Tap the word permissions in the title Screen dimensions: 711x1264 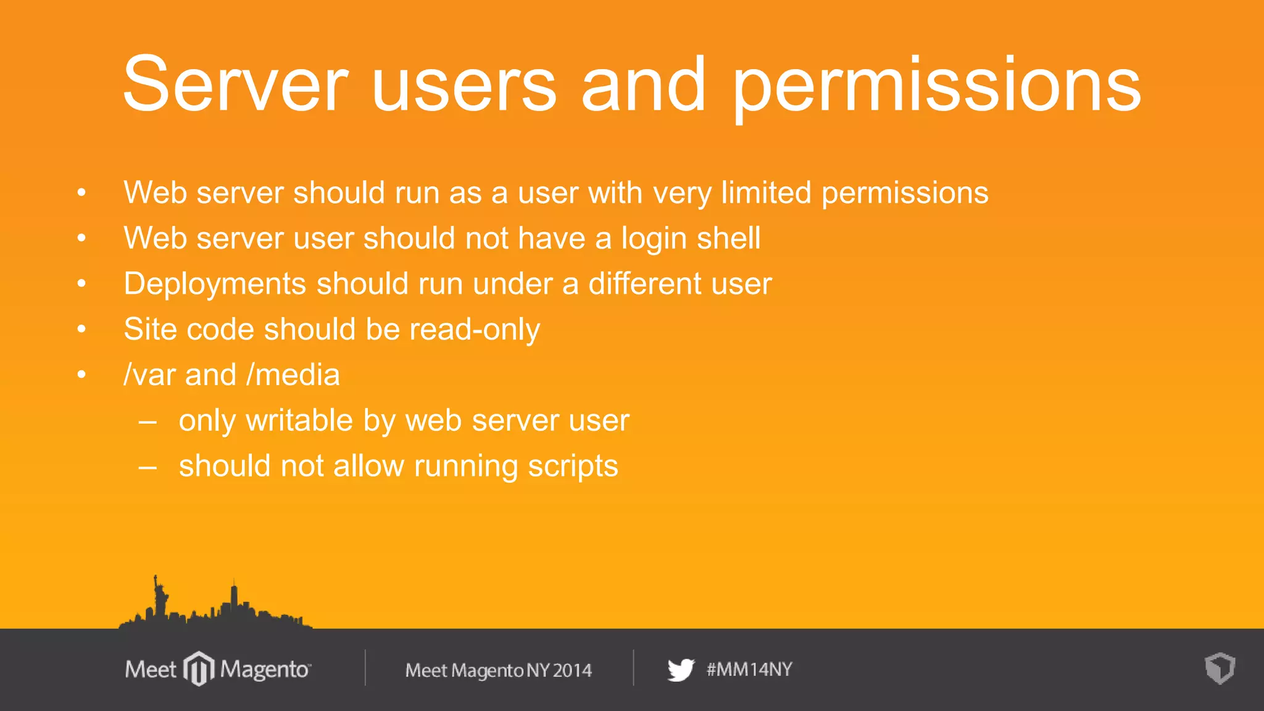coord(936,86)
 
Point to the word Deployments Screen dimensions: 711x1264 coord(215,285)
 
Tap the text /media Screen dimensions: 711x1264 coord(293,375)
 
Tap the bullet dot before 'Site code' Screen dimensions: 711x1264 coord(81,329)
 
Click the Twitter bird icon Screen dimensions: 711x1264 coord(681,670)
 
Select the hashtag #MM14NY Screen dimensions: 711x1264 coord(749,669)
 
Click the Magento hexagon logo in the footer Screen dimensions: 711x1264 coord(199,668)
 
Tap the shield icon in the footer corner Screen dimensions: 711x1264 coord(1220,668)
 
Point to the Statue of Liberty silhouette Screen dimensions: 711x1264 coord(160,595)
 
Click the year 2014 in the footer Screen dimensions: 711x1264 coord(572,670)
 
